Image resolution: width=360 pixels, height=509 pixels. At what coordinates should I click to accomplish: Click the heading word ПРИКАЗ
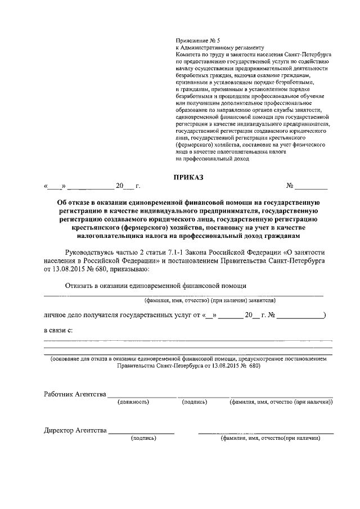tap(187, 177)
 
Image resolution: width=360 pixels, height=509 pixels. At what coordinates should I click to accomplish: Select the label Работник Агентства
tap(75, 394)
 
